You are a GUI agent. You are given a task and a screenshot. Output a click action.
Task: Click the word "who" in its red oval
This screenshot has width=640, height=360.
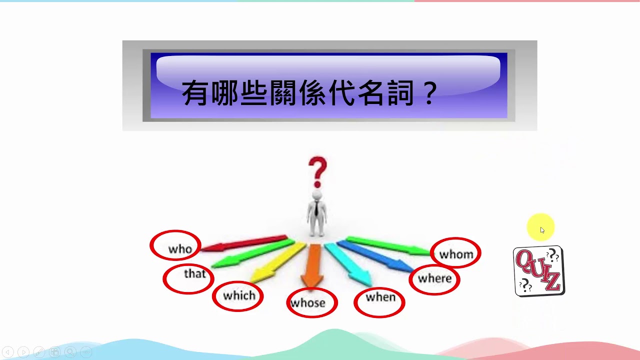180,249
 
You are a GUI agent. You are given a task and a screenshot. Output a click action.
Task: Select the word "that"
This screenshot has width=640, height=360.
195,273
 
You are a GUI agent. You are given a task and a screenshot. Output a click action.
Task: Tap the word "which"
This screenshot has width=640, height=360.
239,295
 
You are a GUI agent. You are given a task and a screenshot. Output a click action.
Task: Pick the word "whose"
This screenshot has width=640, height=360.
308,303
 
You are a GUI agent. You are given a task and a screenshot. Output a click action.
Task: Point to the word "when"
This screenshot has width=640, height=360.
381,297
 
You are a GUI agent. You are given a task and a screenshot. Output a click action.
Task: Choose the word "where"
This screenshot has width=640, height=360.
435,278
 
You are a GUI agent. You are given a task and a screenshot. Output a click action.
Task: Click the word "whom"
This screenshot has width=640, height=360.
456,254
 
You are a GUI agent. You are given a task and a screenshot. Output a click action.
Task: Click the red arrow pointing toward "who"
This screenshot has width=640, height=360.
244,243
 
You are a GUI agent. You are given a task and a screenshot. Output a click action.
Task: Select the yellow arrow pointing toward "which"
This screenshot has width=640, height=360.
277,262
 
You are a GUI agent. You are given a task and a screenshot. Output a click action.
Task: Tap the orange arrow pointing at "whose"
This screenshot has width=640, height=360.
313,265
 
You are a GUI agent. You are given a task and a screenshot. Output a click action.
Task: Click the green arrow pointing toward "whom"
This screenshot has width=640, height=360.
388,245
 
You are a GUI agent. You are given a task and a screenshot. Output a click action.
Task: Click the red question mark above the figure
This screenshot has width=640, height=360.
317,172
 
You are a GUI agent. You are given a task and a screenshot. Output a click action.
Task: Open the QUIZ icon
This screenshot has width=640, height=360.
539,271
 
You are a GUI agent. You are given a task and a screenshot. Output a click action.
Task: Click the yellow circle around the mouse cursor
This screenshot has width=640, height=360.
541,227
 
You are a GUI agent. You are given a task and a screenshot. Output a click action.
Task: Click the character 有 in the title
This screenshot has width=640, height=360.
195,93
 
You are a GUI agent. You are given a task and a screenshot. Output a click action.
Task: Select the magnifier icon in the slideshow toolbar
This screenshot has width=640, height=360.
70,351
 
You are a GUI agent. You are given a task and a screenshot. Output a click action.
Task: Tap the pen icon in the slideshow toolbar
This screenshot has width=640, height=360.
39,351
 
